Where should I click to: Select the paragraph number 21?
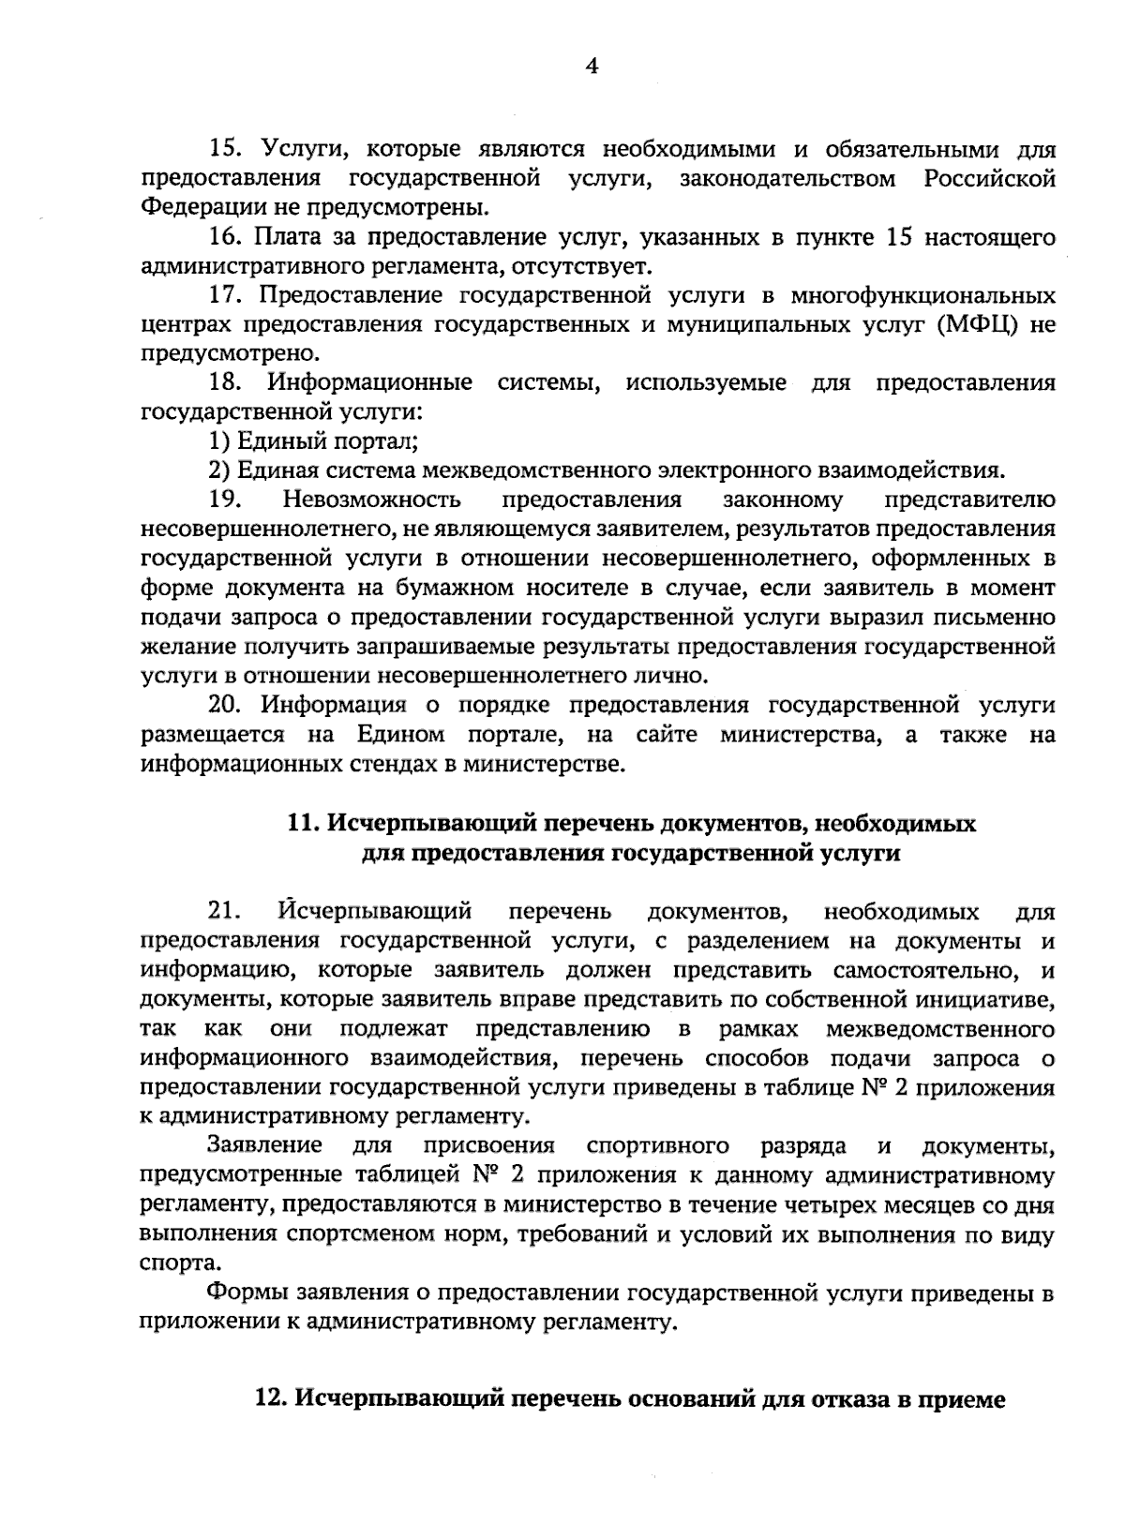(225, 911)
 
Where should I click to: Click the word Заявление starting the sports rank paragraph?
(264, 1145)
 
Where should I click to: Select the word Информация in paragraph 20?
(334, 705)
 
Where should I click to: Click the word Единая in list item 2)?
(269, 471)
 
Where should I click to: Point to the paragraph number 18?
(225, 382)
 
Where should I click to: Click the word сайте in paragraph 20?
(667, 735)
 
